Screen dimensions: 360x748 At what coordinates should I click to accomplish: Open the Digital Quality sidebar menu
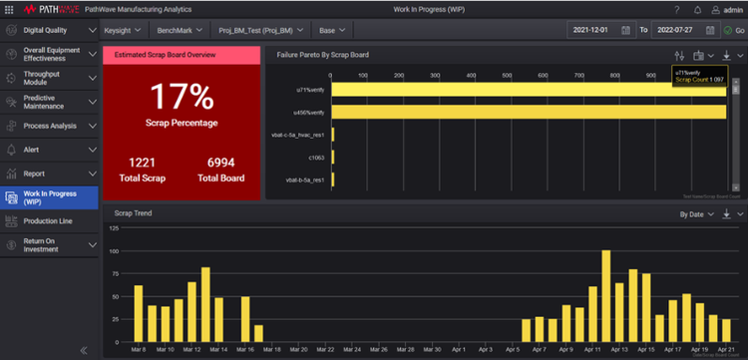coord(45,30)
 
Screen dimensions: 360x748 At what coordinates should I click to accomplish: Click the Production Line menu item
coord(48,220)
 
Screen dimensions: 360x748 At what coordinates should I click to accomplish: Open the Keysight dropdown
coord(124,30)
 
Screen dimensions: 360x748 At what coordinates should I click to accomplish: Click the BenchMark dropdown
coord(179,30)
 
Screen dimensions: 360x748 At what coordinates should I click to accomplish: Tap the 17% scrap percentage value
coord(181,98)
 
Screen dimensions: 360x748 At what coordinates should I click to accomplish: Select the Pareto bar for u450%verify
coord(529,112)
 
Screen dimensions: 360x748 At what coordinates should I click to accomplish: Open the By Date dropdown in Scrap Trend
coord(699,213)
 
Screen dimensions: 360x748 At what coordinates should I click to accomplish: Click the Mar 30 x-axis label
coord(432,349)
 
